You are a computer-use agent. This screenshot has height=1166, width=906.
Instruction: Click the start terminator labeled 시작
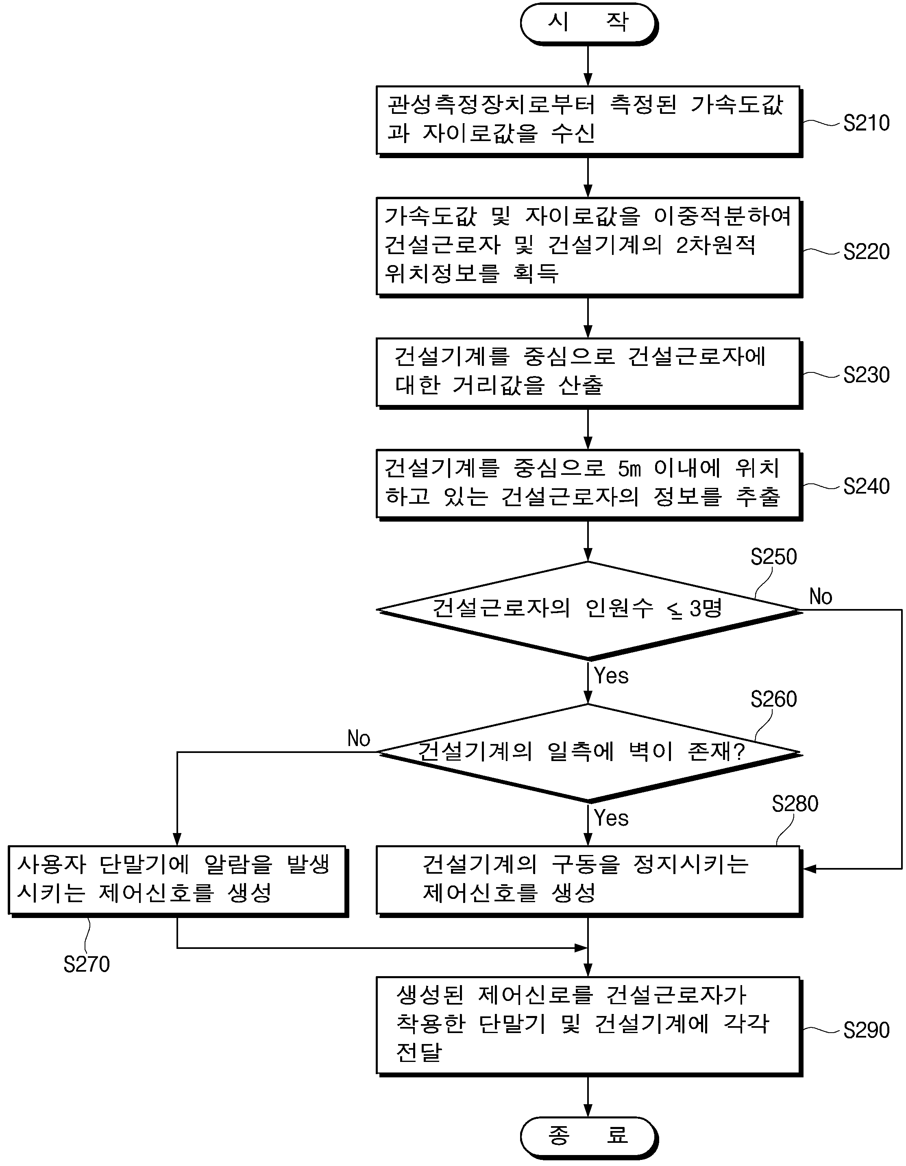588,24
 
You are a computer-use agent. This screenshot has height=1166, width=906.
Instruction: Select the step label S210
866,123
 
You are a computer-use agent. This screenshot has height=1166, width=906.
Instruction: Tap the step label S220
866,252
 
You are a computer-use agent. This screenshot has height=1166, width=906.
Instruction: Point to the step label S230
866,375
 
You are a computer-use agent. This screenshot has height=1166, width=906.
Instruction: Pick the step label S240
866,486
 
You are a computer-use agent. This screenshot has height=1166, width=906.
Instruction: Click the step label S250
773,557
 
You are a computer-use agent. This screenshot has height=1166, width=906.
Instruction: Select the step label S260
773,699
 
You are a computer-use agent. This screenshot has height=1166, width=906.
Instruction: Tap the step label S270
87,965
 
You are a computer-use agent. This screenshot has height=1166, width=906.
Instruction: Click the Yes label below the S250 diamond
611,676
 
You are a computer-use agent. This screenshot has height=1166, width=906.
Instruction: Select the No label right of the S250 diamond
821,597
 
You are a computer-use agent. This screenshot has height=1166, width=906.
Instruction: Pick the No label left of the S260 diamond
358,739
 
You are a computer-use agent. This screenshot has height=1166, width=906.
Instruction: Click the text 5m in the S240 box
629,469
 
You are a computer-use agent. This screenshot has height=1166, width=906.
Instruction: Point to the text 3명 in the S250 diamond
706,608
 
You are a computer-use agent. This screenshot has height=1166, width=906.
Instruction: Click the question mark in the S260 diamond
739,752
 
